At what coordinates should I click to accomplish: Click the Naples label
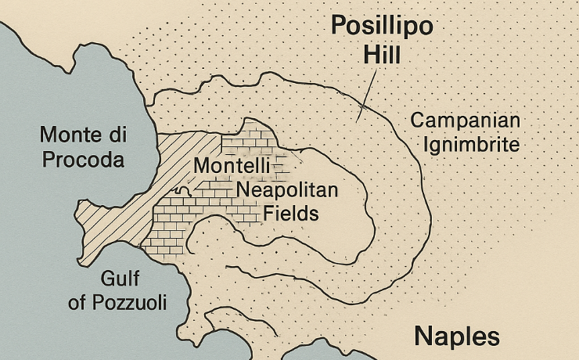[456, 336]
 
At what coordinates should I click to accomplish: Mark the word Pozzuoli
[129, 302]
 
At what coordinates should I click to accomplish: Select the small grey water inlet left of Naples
[313, 351]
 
